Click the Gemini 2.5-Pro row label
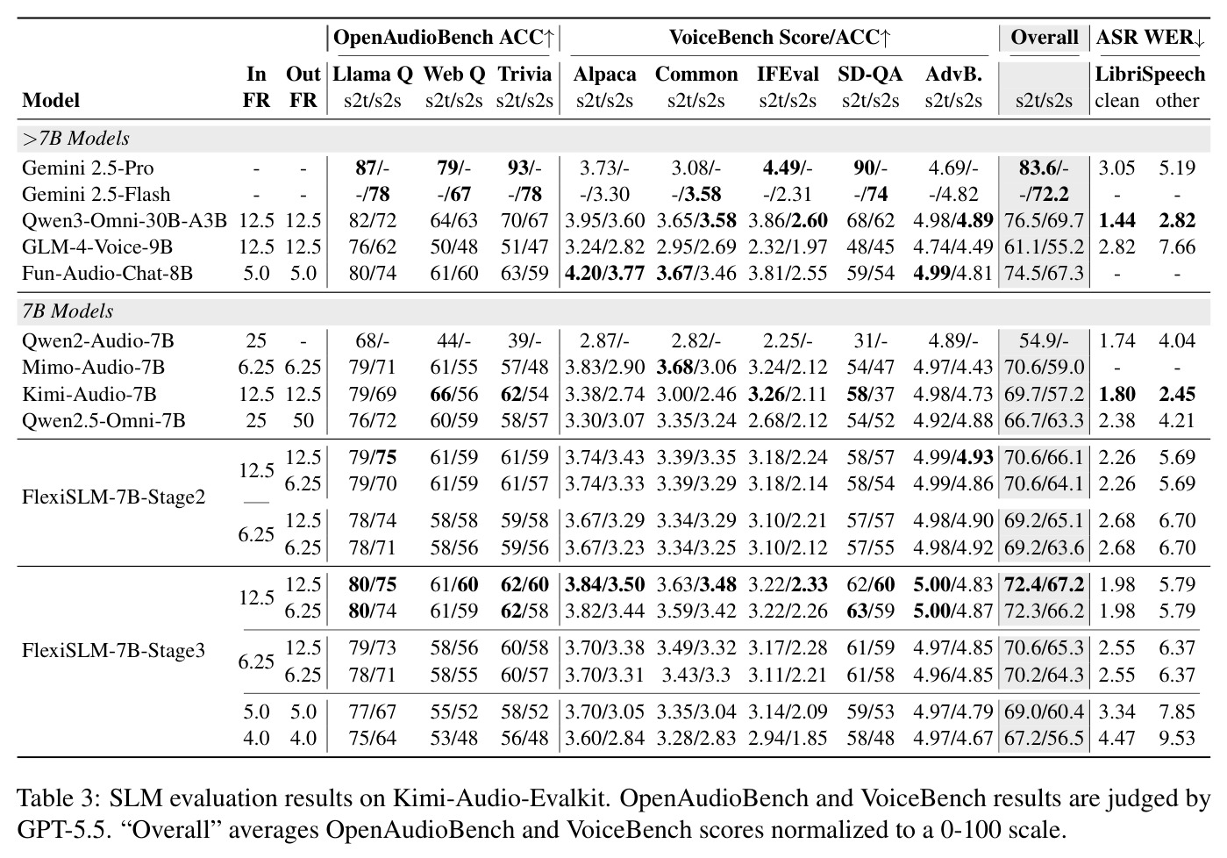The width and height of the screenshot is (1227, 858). coord(88,168)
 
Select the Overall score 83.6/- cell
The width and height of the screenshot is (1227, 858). coord(1044,168)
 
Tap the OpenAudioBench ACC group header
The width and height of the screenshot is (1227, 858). coord(444,37)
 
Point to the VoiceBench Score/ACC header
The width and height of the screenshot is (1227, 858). coord(780,37)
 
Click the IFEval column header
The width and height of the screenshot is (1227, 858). coord(788,74)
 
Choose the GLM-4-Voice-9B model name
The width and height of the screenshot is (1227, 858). coord(97,247)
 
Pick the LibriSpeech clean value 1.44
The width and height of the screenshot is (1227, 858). coord(1116,220)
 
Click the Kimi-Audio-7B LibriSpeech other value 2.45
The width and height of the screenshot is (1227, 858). coord(1177,394)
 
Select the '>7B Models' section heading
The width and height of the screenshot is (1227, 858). coord(75,138)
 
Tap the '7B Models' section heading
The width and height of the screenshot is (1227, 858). coord(68,311)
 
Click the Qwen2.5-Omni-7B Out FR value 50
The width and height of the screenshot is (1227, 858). coord(303,420)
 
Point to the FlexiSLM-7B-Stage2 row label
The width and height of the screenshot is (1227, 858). coord(113,497)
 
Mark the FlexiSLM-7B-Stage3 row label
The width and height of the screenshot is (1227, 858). coord(113,650)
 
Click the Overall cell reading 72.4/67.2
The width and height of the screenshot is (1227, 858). coord(1044,584)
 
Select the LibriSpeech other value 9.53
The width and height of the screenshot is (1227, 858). coord(1177,738)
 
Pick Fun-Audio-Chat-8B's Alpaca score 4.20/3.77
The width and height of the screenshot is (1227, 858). coord(604,273)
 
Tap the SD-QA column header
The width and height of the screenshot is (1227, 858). coord(870,74)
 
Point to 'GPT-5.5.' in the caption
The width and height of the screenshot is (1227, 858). coord(61,830)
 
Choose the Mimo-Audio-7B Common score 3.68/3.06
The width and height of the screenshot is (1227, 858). coord(696,367)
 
